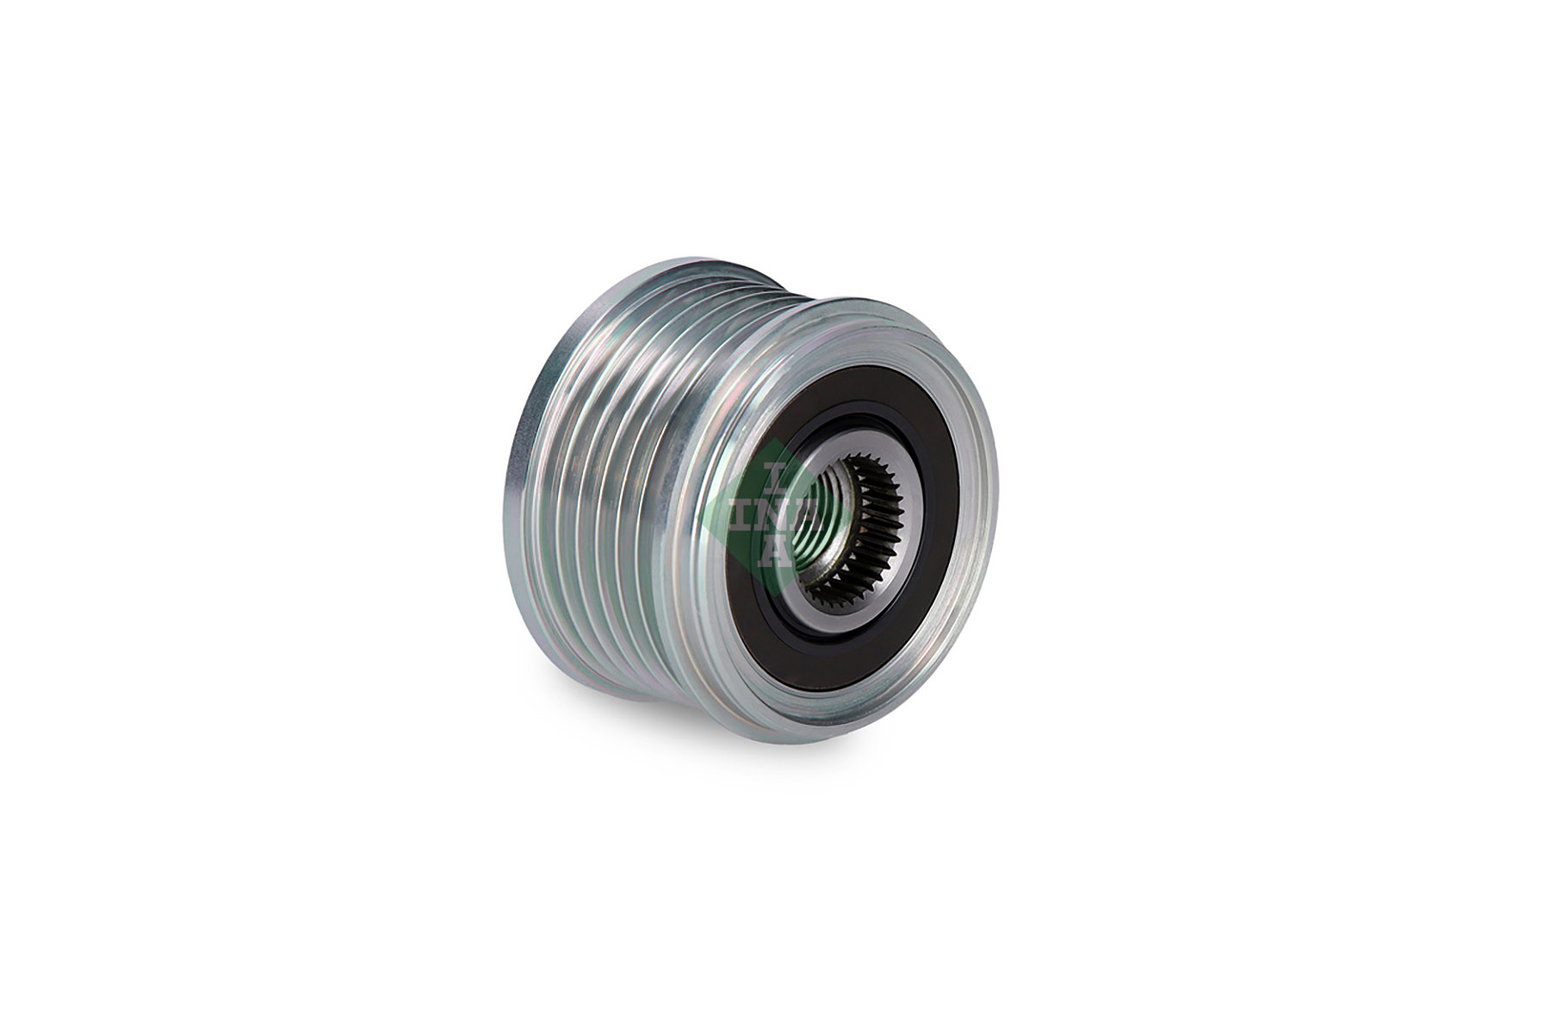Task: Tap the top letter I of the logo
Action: tap(774, 473)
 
